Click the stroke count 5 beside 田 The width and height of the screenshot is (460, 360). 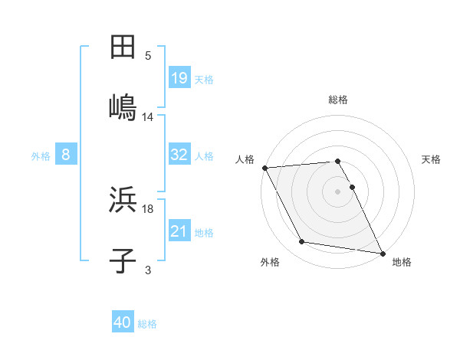[148, 56]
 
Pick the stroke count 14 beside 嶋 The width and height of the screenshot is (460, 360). [148, 116]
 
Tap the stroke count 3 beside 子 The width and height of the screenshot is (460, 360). [148, 270]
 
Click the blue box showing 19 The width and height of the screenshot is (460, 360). [179, 77]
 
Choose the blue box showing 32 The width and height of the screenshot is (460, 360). [179, 155]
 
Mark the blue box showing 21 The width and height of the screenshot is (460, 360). [179, 231]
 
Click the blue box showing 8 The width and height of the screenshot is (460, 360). [66, 155]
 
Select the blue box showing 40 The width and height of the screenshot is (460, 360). [123, 322]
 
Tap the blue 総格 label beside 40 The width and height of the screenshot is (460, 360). [147, 324]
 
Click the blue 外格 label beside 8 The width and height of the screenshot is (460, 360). [41, 156]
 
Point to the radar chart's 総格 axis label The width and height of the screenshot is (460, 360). [338, 100]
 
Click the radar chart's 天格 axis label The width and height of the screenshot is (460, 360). [432, 159]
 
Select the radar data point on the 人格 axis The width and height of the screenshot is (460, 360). [264, 168]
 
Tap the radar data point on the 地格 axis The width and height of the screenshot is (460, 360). [381, 252]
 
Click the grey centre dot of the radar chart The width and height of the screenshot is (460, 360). [338, 191]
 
